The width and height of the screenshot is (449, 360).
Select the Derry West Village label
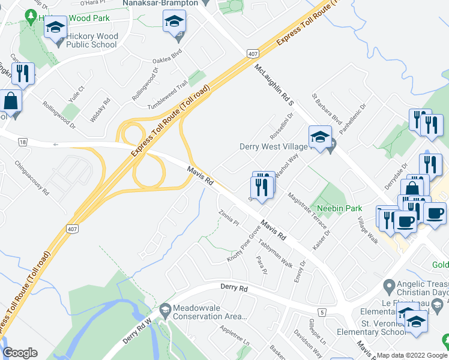click(x=273, y=146)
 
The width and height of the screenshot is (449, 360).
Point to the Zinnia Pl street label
click(x=229, y=216)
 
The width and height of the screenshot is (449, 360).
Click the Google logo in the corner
click(x=20, y=352)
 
